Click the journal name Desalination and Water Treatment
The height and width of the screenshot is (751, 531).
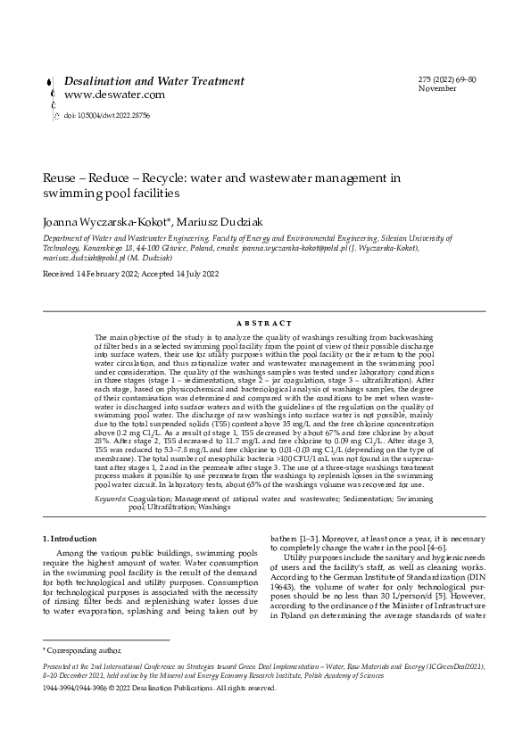coord(153,81)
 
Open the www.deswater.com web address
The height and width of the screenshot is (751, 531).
coord(114,95)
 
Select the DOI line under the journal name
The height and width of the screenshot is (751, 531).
coord(100,116)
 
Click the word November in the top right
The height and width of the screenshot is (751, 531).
coord(436,89)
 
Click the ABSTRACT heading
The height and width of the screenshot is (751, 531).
coord(265,323)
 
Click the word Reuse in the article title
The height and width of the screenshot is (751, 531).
coord(59,177)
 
